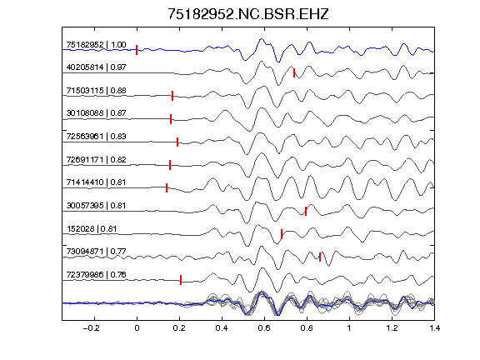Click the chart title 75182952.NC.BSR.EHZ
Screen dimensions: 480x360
[248, 14]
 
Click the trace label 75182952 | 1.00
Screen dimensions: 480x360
[96, 45]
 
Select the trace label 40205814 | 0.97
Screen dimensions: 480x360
[96, 67]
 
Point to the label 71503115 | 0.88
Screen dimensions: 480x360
[96, 91]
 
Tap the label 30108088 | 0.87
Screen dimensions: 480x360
[96, 113]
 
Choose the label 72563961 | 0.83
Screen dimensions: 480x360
[96, 136]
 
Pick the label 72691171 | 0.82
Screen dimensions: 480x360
[96, 160]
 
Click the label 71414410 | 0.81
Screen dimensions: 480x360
[96, 182]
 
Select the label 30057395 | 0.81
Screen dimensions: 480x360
[96, 205]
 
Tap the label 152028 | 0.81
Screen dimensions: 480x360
[92, 229]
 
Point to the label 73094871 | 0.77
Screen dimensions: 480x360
[96, 252]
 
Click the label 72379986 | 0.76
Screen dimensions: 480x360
[96, 275]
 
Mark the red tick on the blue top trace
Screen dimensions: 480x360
[137, 50]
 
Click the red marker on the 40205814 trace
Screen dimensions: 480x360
[294, 72]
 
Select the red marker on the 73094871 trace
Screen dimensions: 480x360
[320, 257]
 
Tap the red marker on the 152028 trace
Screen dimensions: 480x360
[282, 234]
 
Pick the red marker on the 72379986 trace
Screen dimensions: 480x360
[181, 280]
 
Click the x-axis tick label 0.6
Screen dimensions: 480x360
[264, 328]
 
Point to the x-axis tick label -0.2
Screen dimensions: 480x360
[91, 328]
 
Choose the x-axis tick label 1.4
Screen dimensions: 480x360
[434, 328]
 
